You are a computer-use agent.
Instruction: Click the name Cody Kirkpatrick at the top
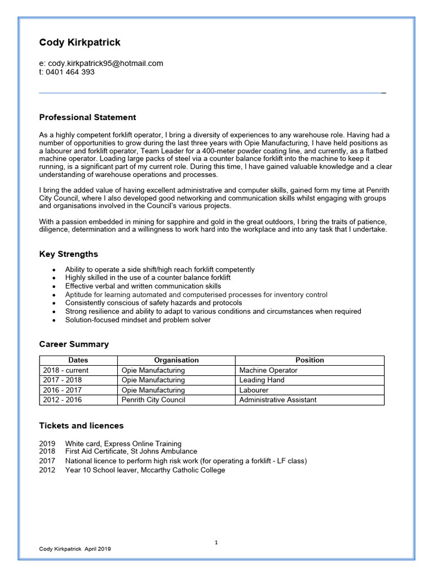[79, 43]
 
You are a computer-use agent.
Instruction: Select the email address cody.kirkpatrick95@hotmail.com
[105, 63]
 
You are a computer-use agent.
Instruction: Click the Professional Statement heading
[87, 117]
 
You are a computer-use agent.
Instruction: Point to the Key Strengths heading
[68, 254]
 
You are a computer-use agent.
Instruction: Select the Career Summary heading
[74, 344]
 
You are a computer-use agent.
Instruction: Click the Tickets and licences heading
[81, 425]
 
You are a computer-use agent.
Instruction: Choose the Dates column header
[78, 360]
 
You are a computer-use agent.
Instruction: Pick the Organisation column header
[176, 360]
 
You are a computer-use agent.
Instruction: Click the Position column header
[310, 360]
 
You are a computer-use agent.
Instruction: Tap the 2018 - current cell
[65, 370]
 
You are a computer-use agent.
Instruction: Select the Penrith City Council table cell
[153, 400]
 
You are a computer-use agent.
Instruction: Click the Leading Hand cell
[262, 380]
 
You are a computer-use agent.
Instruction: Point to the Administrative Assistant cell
[277, 400]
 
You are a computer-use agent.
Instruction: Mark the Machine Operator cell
[268, 370]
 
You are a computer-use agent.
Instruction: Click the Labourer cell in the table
[254, 390]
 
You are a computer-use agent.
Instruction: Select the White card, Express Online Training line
[123, 443]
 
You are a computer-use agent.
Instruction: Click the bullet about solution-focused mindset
[138, 320]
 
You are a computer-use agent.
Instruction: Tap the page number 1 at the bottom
[216, 542]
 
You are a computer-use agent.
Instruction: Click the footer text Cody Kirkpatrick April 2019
[75, 549]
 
